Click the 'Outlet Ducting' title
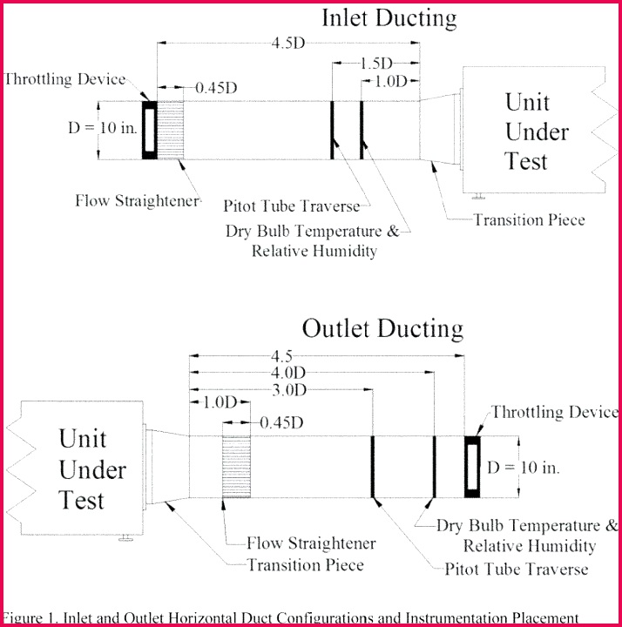(382, 328)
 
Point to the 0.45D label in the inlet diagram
(216, 87)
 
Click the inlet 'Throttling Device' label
(65, 79)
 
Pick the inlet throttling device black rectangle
(150, 130)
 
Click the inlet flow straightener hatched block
(171, 130)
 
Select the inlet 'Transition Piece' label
(529, 220)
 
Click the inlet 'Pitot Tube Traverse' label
(291, 206)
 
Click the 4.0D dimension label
(312, 372)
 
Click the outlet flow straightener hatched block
(236, 467)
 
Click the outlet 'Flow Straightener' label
(311, 543)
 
